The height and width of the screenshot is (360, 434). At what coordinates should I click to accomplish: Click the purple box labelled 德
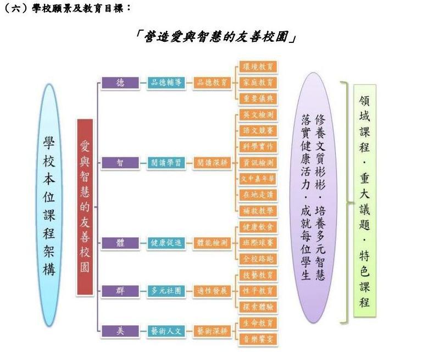point(120,82)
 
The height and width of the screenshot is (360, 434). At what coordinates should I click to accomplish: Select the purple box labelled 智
point(120,163)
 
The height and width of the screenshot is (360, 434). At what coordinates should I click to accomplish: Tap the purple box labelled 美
point(120,331)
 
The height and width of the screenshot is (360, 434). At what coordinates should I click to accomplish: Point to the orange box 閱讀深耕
point(212,163)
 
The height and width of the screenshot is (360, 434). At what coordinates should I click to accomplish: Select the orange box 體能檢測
point(212,243)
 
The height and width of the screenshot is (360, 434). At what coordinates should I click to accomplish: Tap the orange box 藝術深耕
point(212,331)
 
